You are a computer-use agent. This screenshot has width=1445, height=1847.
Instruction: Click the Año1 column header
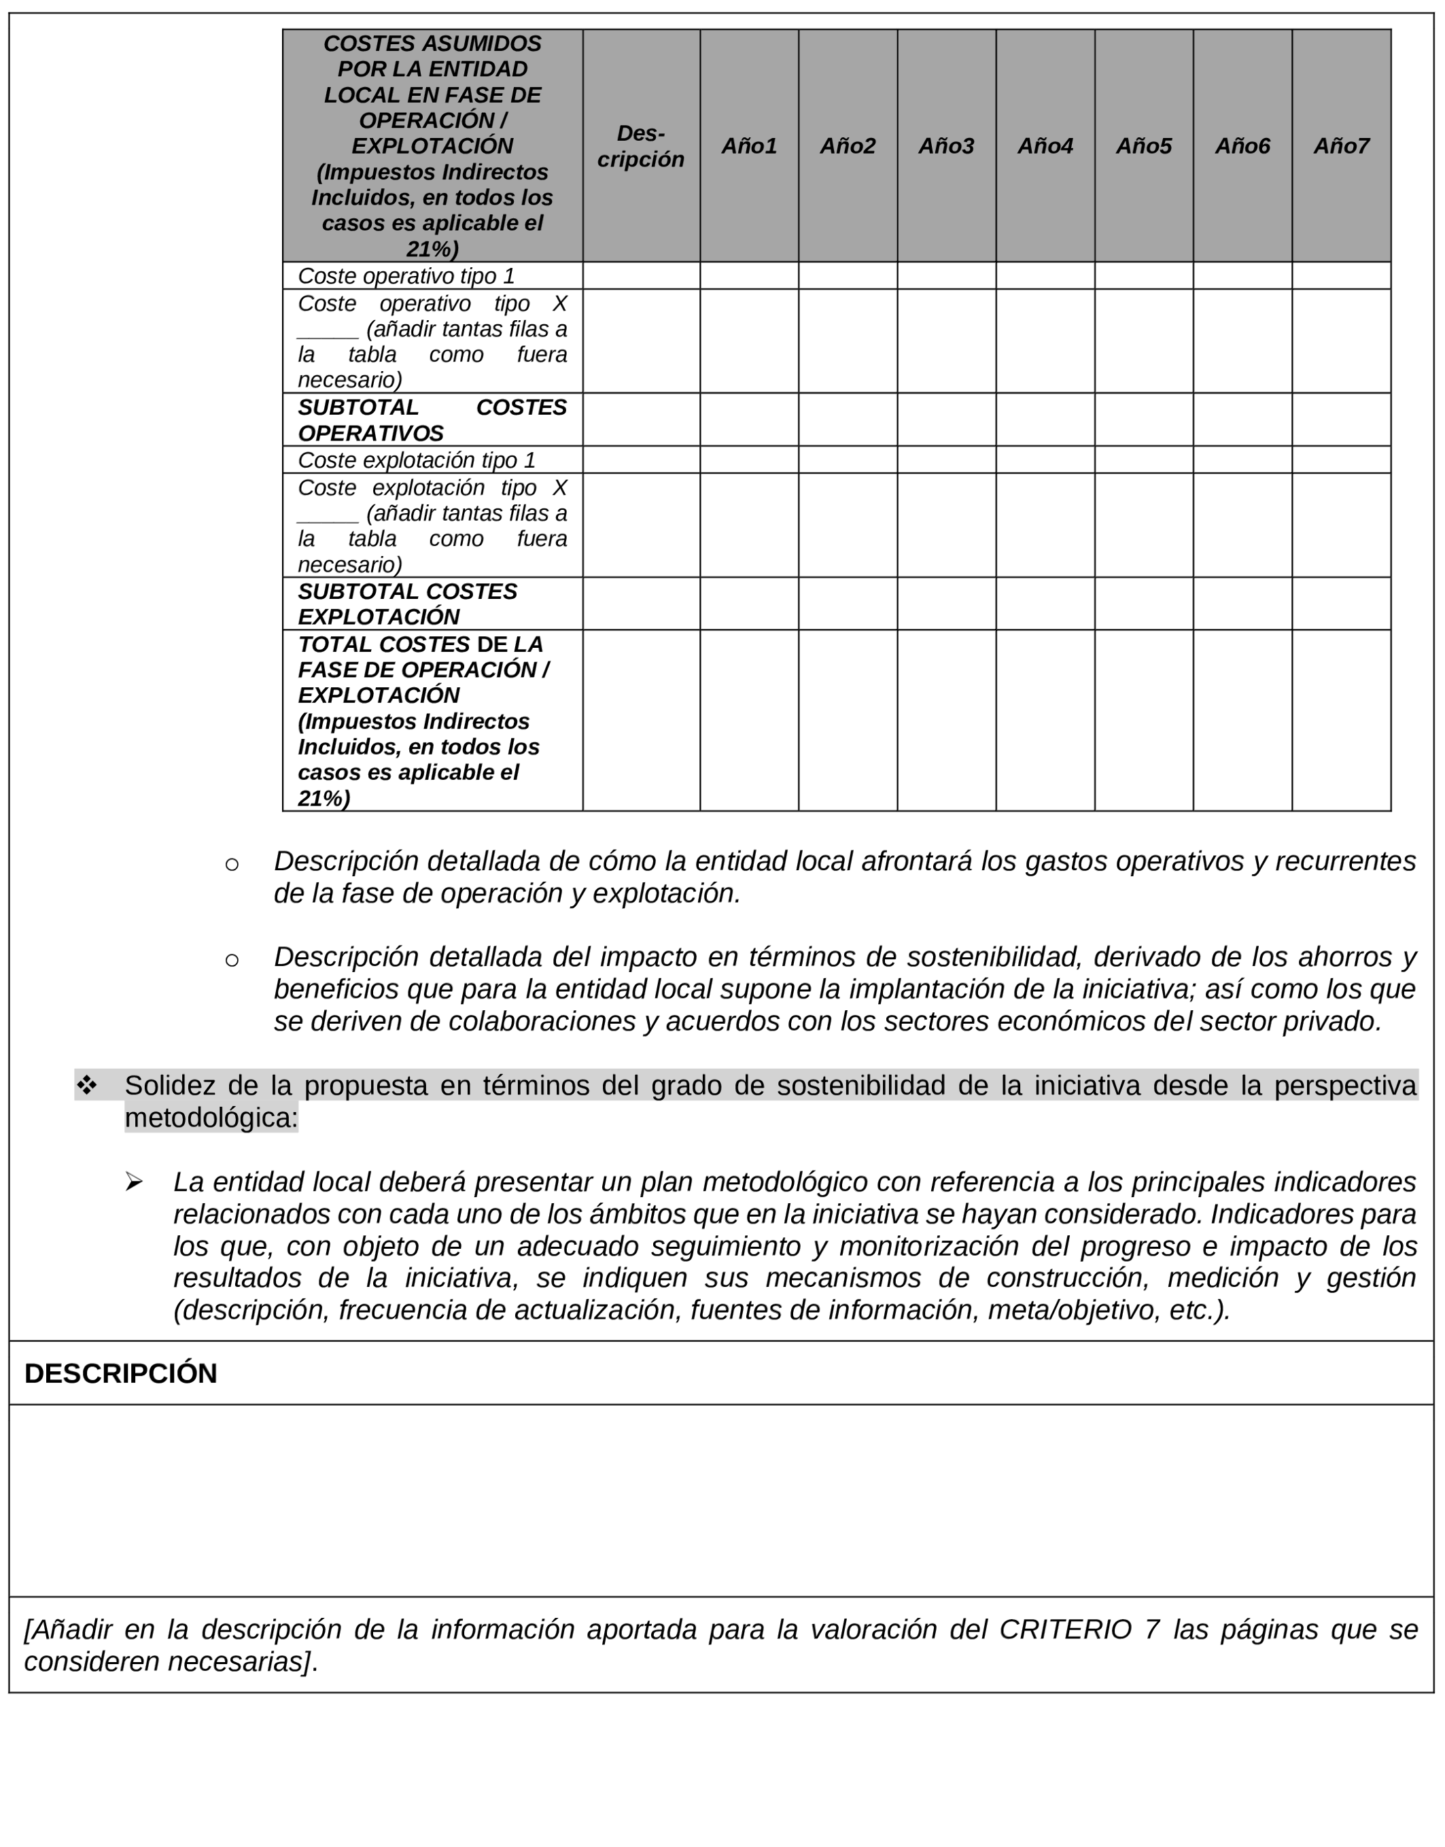click(749, 146)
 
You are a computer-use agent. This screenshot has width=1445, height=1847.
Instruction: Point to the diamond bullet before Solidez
click(86, 1085)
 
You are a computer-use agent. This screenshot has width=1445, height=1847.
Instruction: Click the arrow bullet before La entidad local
click(134, 1182)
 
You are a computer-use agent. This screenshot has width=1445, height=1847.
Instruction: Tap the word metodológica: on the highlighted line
click(211, 1118)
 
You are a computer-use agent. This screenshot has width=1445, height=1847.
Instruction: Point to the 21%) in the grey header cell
click(432, 249)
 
